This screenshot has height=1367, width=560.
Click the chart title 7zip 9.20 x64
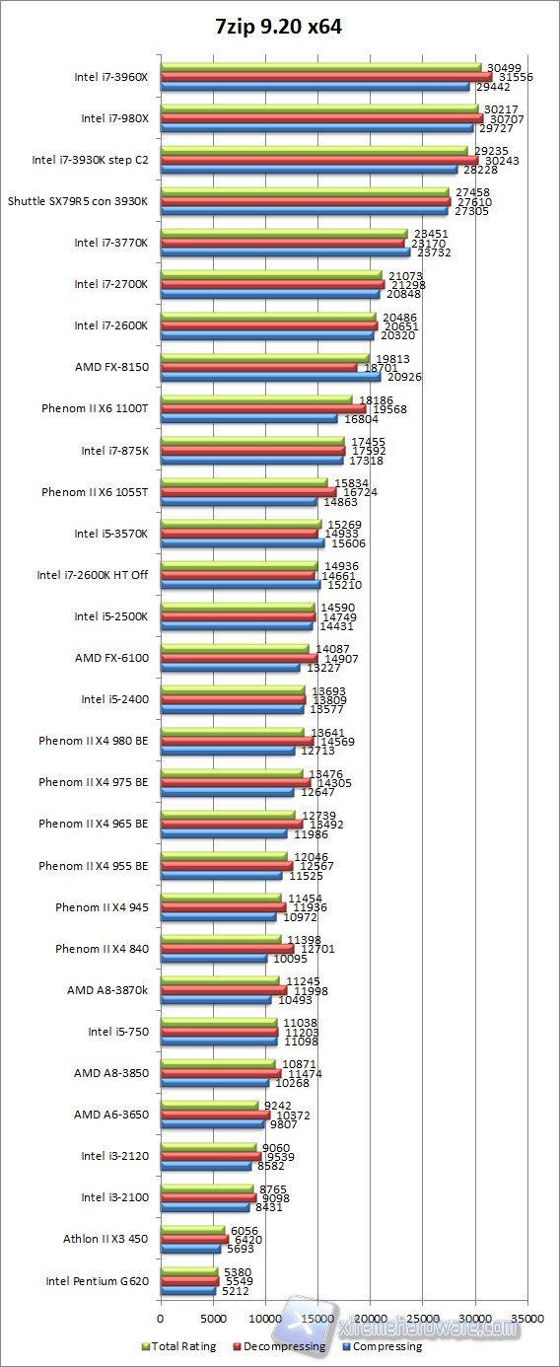pos(279,27)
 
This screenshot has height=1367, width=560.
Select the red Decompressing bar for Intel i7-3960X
pos(325,77)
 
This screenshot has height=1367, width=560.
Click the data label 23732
pos(435,252)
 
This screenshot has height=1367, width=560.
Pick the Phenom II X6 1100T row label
pos(95,408)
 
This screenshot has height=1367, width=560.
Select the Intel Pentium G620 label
pos(97,1282)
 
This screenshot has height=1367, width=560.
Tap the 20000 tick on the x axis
pos(370,1317)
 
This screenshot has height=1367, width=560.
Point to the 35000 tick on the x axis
pos(527,1317)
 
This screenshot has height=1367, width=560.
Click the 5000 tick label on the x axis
pos(212,1317)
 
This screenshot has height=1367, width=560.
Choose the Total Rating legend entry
pos(179,1346)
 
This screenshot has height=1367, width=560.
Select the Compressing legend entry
pos(383,1346)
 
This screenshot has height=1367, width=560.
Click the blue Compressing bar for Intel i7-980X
pos(316,127)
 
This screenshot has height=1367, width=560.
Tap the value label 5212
pos(234,1290)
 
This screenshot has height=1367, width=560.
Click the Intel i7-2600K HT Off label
pos(93,575)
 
